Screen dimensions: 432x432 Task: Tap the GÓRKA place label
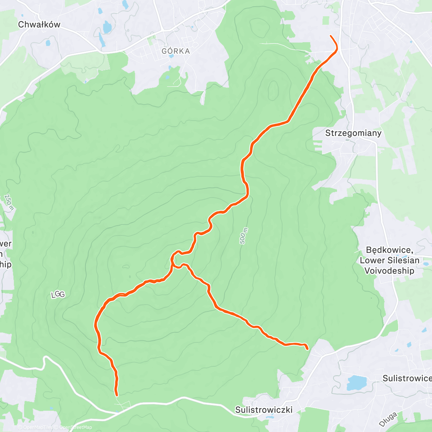[176, 51]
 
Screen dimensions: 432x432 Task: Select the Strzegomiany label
[353, 133]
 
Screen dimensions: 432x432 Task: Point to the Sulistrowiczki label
[264, 410]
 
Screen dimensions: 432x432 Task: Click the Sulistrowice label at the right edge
[407, 378]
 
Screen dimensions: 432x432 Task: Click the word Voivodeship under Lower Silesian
[389, 271]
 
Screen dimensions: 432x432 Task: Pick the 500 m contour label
[244, 236]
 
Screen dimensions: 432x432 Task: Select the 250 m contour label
[9, 202]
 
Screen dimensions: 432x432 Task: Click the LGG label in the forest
[58, 294]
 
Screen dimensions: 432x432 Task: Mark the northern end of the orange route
[331, 36]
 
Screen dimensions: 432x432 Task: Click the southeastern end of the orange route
[307, 349]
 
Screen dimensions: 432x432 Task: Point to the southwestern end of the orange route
[117, 395]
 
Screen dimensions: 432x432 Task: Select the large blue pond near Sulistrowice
[356, 383]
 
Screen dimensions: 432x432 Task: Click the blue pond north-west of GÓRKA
[107, 27]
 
